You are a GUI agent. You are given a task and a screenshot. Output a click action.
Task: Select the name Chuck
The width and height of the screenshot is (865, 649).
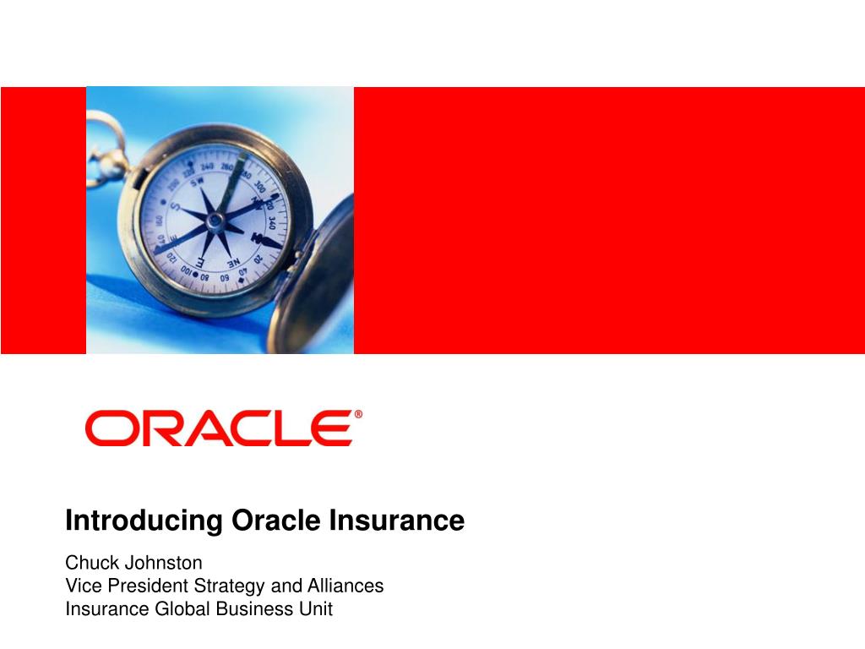coord(89,562)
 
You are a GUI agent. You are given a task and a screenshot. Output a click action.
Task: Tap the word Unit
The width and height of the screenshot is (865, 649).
coord(316,608)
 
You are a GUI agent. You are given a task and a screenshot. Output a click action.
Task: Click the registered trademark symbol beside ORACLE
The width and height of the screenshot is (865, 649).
coord(358,415)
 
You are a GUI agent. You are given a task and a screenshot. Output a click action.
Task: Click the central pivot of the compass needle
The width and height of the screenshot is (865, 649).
coord(216,221)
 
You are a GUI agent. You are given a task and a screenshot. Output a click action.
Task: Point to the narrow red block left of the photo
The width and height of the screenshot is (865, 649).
coord(43,220)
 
